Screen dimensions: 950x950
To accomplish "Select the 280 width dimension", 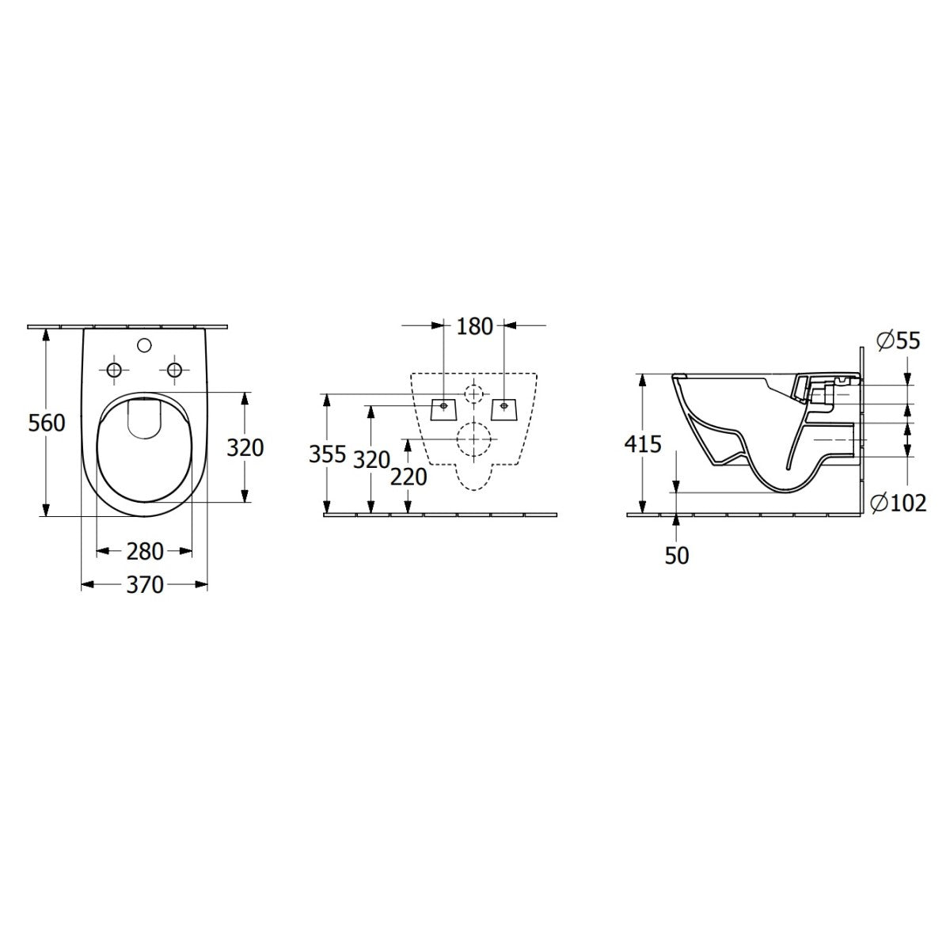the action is pyautogui.click(x=144, y=551).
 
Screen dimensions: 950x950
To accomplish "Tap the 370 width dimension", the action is pyautogui.click(x=144, y=585).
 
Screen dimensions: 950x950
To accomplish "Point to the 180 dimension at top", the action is pyautogui.click(x=474, y=326).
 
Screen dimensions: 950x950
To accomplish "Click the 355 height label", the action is pyautogui.click(x=327, y=454).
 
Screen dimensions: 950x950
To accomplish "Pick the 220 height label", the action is pyautogui.click(x=408, y=477).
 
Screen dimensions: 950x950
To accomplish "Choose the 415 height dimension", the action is pyautogui.click(x=643, y=444).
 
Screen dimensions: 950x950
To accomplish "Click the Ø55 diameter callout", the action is pyautogui.click(x=899, y=340).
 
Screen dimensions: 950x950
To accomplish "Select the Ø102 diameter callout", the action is pyautogui.click(x=899, y=503).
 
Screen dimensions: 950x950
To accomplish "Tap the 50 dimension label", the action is pyautogui.click(x=677, y=556).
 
